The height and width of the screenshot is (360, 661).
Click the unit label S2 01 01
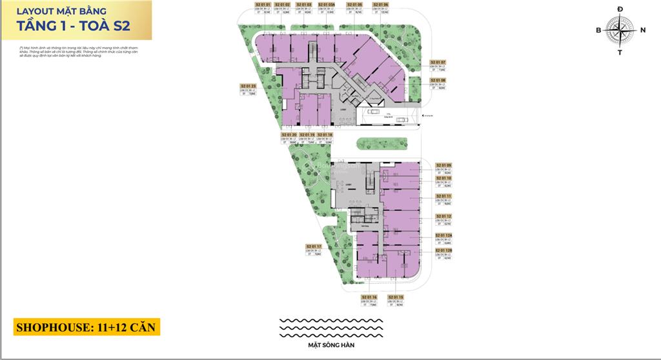263,4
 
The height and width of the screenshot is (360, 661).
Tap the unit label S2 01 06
381,4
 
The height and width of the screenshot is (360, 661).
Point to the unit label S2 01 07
438,62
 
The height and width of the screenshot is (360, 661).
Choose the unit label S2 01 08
438,80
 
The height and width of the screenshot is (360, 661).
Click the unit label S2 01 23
249,85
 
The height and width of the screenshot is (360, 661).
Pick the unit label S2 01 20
289,135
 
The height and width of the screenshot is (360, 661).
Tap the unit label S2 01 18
325,135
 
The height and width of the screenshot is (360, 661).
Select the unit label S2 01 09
443,165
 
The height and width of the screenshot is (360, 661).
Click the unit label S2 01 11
443,195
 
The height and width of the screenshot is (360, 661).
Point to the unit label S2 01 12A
443,235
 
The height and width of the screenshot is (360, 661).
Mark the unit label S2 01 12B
443,250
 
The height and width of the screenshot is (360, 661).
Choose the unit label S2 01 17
314,246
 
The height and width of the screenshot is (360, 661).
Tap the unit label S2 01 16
369,297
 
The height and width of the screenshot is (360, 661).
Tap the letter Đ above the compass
620,8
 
